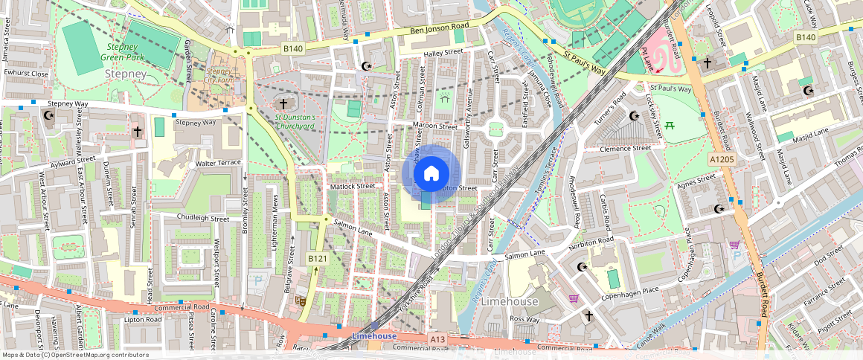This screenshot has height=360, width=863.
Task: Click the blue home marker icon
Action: (x=431, y=173)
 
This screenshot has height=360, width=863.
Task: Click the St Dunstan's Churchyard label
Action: (x=295, y=121)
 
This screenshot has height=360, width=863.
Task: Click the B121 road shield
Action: (x=318, y=258)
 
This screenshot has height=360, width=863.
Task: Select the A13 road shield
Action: (x=437, y=339)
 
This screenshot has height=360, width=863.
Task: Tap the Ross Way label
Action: (x=524, y=318)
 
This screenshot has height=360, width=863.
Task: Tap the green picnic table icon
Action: (x=670, y=124)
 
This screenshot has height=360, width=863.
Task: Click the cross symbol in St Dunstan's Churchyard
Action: (x=283, y=103)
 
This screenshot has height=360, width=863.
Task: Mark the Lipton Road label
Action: (x=143, y=319)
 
